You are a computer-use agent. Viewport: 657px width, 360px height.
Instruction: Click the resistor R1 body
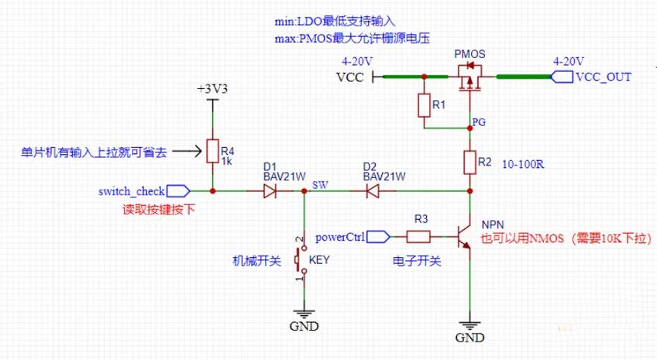(x=424, y=105)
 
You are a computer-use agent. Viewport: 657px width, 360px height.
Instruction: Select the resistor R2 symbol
(x=470, y=162)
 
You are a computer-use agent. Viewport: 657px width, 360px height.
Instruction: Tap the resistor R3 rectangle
(x=418, y=238)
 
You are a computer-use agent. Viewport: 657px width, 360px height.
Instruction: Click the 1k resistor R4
(x=212, y=151)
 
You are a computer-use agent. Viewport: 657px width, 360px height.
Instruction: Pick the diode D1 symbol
(x=270, y=191)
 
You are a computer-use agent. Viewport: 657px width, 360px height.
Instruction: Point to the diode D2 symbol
(x=373, y=191)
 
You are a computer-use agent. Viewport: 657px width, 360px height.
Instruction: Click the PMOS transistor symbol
(x=470, y=78)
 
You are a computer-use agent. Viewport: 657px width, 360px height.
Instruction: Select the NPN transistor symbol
(x=464, y=238)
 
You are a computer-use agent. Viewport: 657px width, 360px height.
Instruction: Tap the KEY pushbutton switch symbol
(x=301, y=259)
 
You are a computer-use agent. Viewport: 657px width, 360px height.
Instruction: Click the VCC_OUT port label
(x=591, y=77)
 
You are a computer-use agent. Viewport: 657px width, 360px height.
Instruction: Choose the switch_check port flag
(x=178, y=191)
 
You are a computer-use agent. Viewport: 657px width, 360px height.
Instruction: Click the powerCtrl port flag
(x=378, y=238)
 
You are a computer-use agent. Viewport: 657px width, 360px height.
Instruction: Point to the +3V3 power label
(x=212, y=89)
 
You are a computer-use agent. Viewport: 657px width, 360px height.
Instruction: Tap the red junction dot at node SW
(x=304, y=191)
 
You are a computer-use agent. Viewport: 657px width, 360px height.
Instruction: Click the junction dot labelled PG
(x=470, y=128)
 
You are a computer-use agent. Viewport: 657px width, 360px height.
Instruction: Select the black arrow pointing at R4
(x=187, y=151)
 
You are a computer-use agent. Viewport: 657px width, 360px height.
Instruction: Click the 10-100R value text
(x=523, y=164)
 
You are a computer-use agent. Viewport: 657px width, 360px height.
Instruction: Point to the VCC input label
(x=350, y=77)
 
